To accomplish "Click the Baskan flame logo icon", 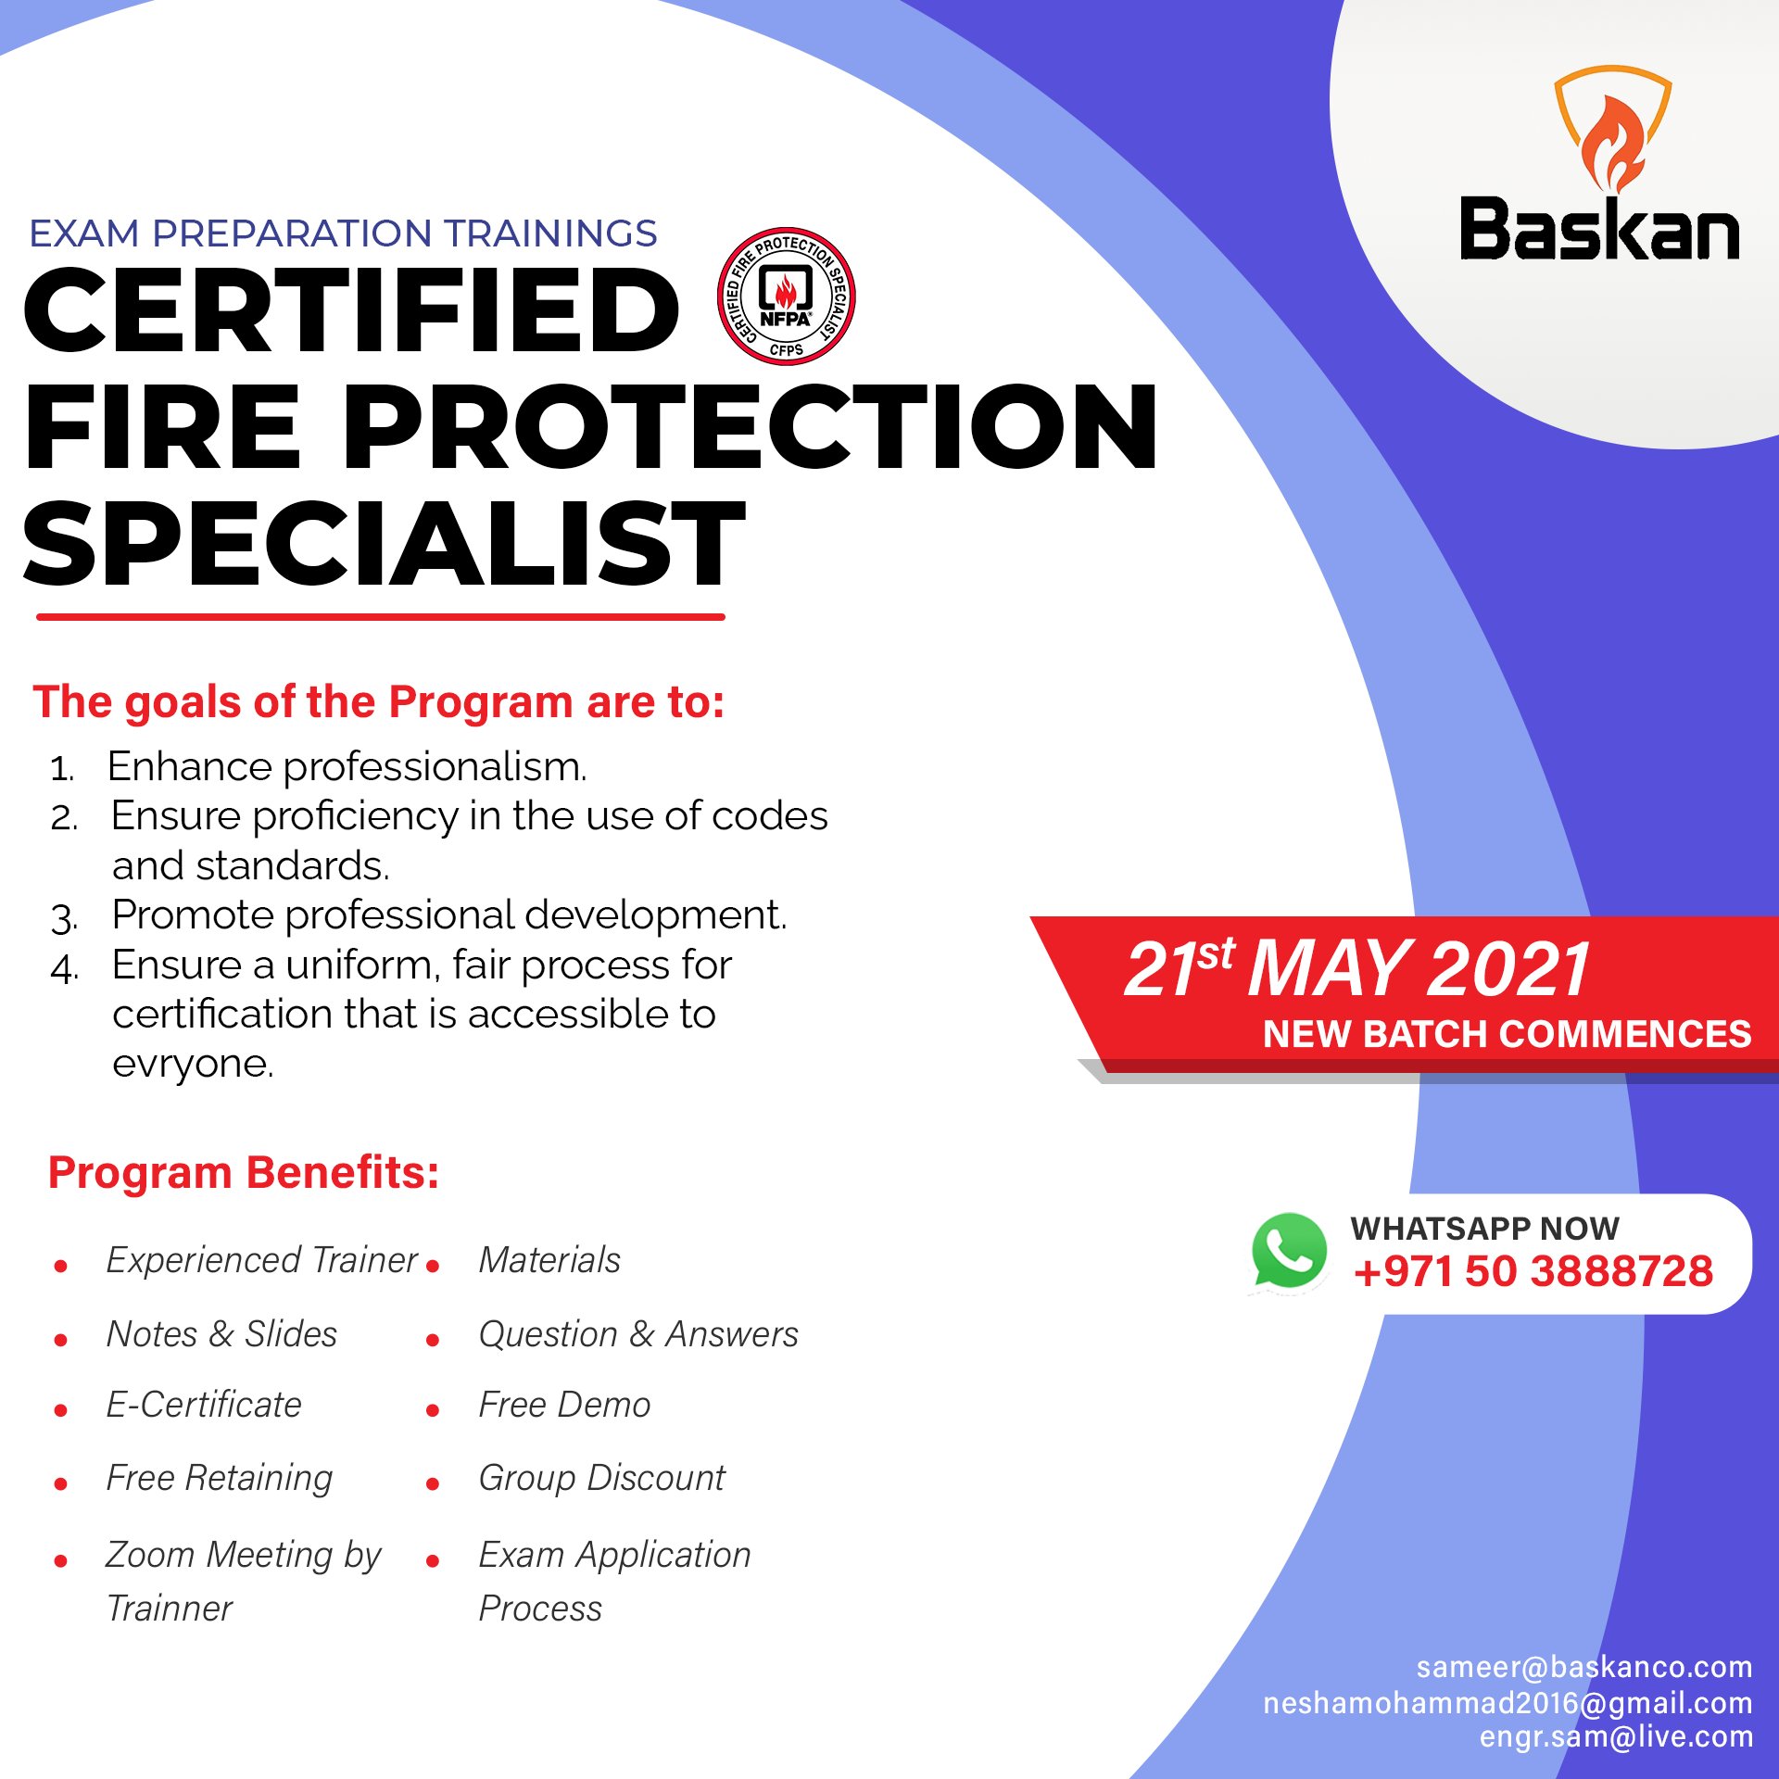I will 1612,130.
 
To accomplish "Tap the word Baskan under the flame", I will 1600,229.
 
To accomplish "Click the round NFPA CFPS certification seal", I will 786,296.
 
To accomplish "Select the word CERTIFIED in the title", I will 350,310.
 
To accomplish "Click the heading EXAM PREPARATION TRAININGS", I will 343,233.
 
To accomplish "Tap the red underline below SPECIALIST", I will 380,616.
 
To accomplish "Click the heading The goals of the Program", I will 378,702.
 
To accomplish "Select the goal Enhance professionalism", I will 347,767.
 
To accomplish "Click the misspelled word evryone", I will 193,1064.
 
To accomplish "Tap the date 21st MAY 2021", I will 1357,969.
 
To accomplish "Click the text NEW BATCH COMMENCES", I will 1507,1034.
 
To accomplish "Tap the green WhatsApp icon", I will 1289,1252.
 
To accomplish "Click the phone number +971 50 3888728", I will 1533,1271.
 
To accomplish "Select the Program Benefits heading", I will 243,1173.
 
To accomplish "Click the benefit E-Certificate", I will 204,1405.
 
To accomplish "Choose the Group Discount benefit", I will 601,1478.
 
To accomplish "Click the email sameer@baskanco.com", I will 1583,1668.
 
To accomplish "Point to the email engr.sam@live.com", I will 1616,1737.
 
